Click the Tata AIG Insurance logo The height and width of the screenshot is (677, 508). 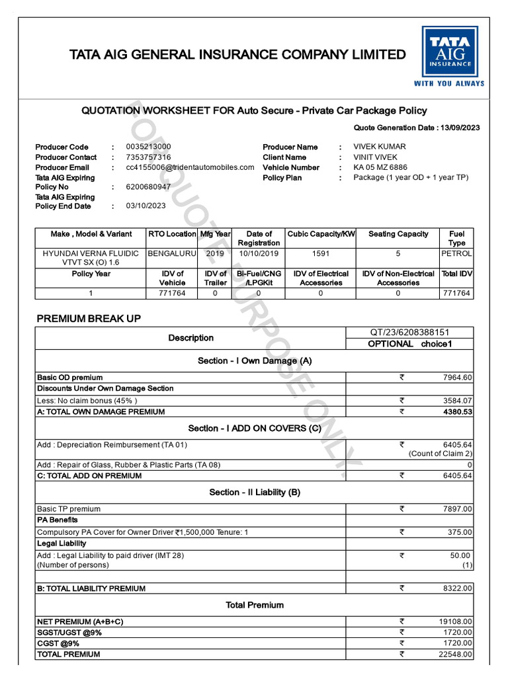pyautogui.click(x=449, y=57)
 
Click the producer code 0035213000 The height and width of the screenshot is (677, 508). pyautogui.click(x=148, y=147)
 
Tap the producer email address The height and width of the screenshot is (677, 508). pyautogui.click(x=190, y=168)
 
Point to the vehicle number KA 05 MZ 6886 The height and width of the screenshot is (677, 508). pyautogui.click(x=380, y=168)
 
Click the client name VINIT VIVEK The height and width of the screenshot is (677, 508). pyautogui.click(x=376, y=157)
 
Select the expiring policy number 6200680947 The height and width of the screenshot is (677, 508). pyautogui.click(x=148, y=187)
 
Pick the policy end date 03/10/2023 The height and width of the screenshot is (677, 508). pyautogui.click(x=146, y=206)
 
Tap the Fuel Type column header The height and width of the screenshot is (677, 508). pyautogui.click(x=456, y=238)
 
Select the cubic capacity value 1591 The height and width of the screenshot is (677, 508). pyautogui.click(x=321, y=253)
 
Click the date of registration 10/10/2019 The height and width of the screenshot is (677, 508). pyautogui.click(x=259, y=253)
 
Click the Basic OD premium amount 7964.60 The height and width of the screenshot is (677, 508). pyautogui.click(x=457, y=378)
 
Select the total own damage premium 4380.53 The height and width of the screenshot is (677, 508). pyautogui.click(x=457, y=412)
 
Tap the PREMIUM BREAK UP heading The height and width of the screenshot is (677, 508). pyautogui.click(x=89, y=319)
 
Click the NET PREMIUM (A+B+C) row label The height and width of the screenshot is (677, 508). pyautogui.click(x=80, y=622)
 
